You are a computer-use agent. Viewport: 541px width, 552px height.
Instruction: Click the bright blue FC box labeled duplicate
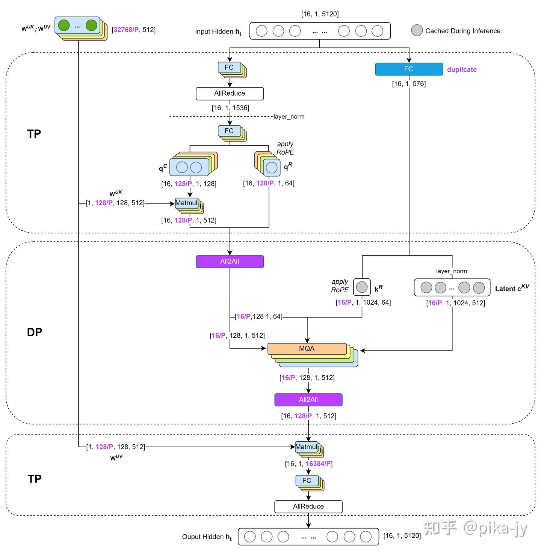[409, 69]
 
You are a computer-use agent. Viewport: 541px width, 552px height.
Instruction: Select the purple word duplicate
[461, 69]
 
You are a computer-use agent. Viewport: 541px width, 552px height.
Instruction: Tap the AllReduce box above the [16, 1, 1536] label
[230, 93]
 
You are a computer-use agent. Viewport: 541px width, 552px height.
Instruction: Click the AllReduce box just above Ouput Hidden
[308, 506]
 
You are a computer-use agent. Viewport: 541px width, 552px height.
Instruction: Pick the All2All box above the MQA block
[230, 262]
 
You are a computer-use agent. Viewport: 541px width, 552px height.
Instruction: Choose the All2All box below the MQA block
[308, 400]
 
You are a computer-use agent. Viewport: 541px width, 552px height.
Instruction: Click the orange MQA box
[307, 349]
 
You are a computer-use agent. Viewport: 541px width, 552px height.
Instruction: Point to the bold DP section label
[35, 332]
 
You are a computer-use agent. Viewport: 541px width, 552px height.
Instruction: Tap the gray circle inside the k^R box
[361, 287]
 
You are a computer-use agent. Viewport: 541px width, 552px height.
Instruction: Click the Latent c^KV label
[512, 288]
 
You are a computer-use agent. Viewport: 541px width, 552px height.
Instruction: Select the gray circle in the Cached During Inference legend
[417, 30]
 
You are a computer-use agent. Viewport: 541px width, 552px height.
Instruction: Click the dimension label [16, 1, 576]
[409, 84]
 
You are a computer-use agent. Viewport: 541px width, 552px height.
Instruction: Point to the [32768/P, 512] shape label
[133, 30]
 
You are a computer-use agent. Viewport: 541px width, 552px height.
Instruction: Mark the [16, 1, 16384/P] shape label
[308, 463]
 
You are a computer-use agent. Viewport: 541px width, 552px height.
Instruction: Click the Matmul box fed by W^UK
[186, 203]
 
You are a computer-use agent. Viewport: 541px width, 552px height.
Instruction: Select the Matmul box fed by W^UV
[306, 447]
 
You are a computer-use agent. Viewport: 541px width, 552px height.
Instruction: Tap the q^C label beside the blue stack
[163, 168]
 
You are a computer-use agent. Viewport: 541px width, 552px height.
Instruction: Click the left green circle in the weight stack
[64, 26]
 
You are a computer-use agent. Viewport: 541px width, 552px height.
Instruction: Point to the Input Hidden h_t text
[218, 32]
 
